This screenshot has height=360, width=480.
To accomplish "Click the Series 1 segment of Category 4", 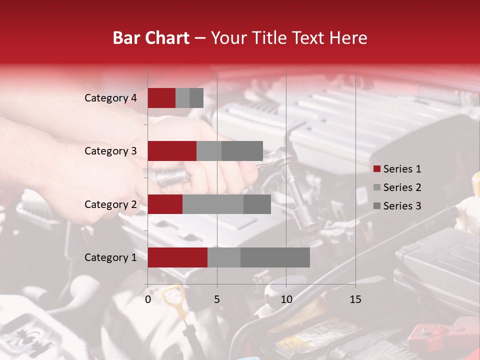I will tap(161, 98).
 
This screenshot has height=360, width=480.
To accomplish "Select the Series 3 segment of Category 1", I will tap(275, 257).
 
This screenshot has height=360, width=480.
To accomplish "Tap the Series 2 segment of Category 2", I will tap(213, 204).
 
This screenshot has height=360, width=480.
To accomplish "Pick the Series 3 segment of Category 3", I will tap(242, 151).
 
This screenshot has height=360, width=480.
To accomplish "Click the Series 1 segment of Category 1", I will tap(177, 257).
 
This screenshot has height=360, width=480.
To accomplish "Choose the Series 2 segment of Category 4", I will tap(182, 98).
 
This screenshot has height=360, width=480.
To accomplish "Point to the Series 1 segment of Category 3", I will tap(172, 151).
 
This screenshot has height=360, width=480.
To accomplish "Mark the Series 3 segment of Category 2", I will tap(257, 204).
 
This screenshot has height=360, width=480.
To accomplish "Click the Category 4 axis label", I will tap(110, 98).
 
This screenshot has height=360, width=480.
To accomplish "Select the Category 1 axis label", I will tap(110, 257).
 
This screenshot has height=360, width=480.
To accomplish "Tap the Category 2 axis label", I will tap(110, 204).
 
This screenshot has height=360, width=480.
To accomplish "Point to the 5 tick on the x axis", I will tap(217, 299).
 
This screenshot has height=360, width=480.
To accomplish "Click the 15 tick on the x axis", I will tap(355, 299).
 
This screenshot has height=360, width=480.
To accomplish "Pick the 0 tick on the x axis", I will tap(148, 299).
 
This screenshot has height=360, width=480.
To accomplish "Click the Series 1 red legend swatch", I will tap(377, 169).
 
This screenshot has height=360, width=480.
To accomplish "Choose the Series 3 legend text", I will tap(402, 206).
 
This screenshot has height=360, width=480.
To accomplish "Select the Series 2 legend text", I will tap(402, 187).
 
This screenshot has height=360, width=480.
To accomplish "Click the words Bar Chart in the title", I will tap(151, 38).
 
